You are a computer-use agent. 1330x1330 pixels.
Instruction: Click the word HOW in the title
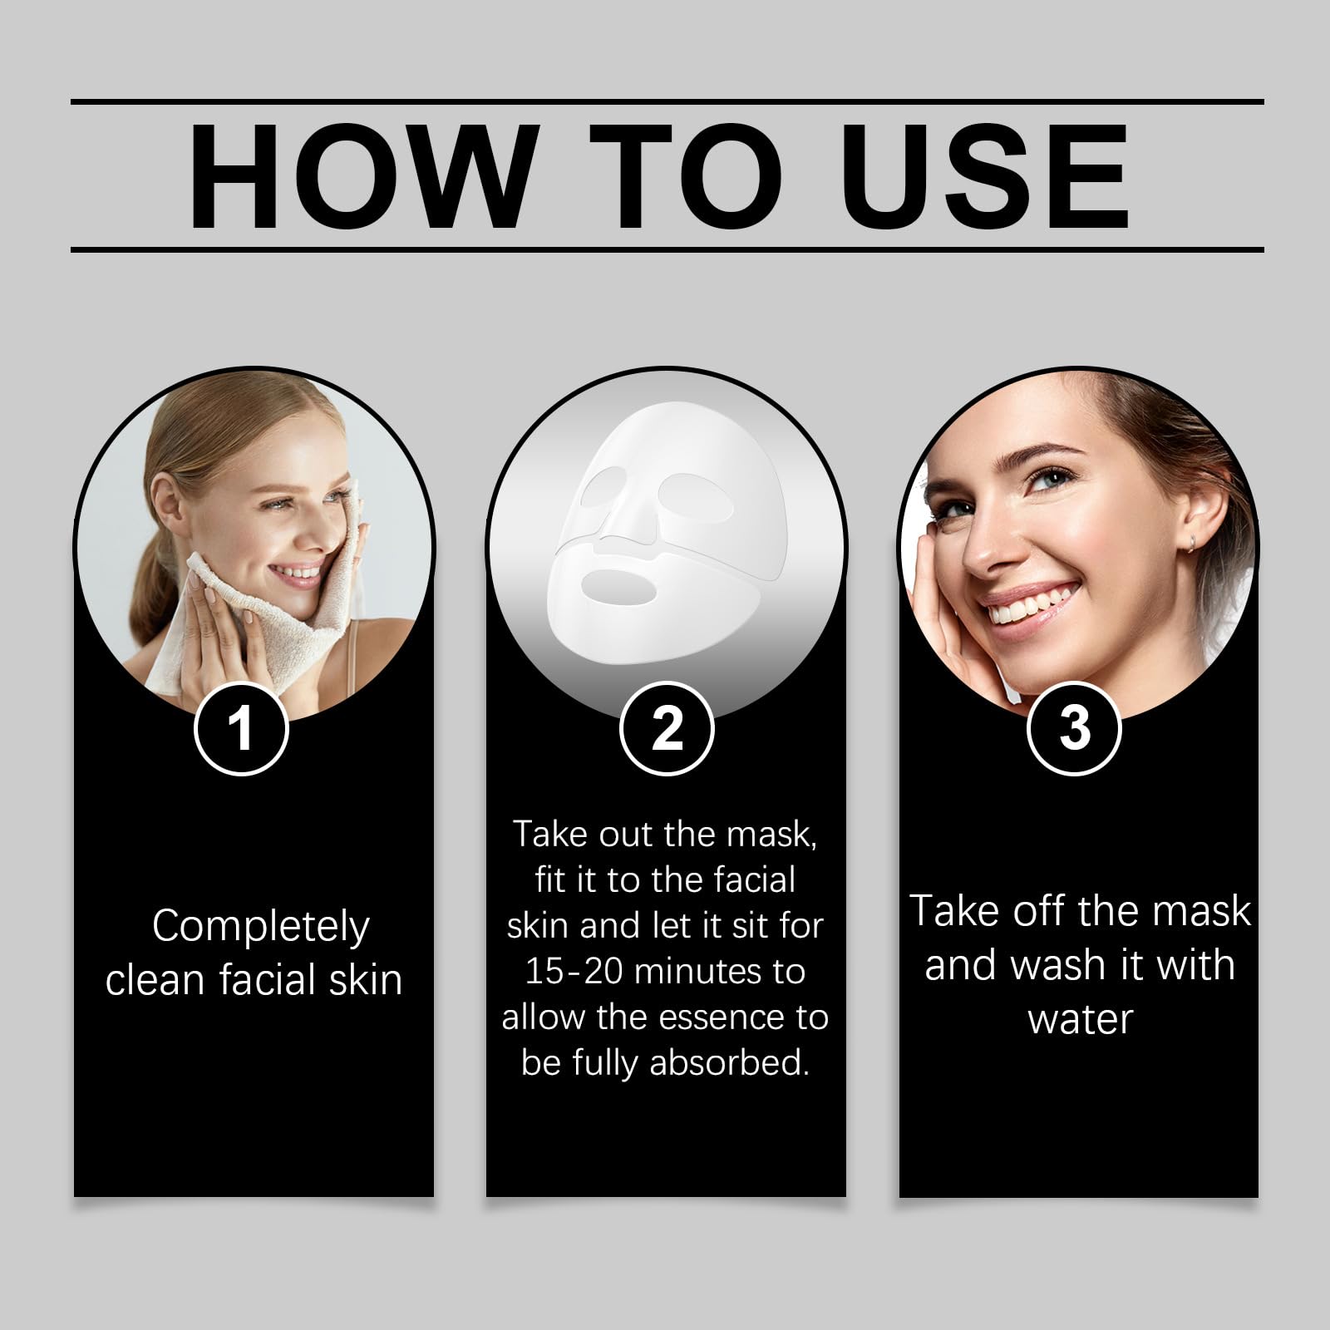pos(358,176)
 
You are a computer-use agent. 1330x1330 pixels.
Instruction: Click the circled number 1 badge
pos(241,728)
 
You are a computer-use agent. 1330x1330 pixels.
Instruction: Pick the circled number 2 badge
pos(667,728)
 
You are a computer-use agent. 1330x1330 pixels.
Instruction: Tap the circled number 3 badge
pos(1075,728)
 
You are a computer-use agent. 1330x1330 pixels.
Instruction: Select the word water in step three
pos(1081,1020)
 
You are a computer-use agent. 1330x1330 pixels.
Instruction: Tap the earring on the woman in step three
pos(1191,542)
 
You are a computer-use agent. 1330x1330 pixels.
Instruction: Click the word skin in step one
pos(366,980)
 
